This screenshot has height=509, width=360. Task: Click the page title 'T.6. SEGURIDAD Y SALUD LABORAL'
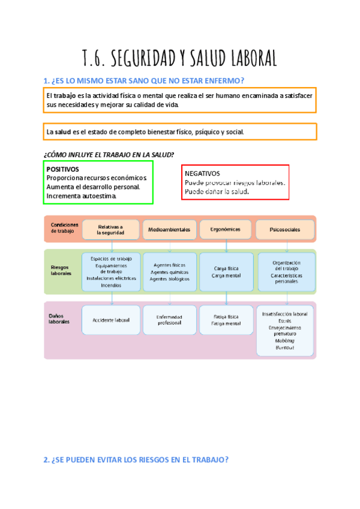click(x=179, y=58)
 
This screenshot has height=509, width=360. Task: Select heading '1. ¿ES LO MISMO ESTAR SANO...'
click(x=144, y=81)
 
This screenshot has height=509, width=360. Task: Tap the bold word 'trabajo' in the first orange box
click(x=66, y=96)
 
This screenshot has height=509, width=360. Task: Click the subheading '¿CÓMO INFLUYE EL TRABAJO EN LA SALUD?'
click(x=109, y=154)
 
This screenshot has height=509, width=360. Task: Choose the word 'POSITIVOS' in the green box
click(x=62, y=169)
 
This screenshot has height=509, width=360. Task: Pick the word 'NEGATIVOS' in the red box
click(x=202, y=173)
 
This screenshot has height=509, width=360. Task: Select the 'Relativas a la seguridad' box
click(x=110, y=230)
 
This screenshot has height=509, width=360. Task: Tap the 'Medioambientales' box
click(x=169, y=229)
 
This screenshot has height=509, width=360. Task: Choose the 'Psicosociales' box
click(x=284, y=229)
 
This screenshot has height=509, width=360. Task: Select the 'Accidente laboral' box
click(x=111, y=320)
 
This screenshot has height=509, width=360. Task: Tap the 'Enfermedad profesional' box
click(x=169, y=320)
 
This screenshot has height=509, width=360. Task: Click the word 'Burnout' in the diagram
click(x=285, y=347)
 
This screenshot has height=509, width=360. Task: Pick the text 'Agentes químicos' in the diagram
click(x=169, y=272)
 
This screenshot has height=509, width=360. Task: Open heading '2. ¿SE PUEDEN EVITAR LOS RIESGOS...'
click(x=136, y=460)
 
